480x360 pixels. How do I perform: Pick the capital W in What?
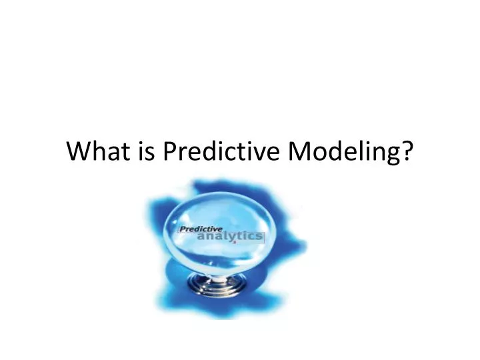79,153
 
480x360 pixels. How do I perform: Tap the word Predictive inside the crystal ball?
201,229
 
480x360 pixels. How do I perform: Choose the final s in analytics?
260,237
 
